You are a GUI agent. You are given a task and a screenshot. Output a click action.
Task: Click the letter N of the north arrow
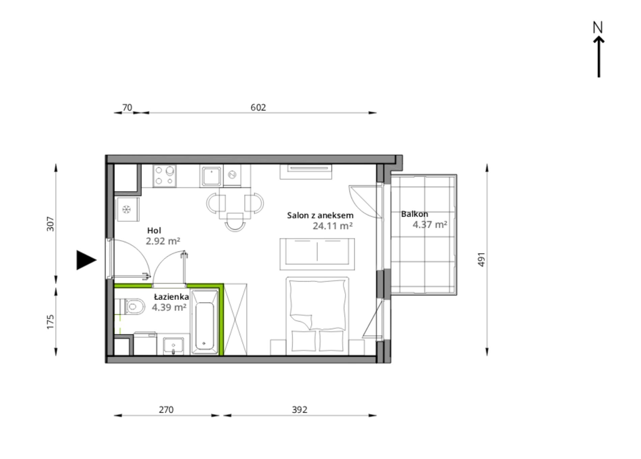pos(598,27)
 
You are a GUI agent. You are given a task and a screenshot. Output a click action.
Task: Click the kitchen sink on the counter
pos(211,176)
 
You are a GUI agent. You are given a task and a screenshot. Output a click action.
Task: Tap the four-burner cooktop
pos(164,176)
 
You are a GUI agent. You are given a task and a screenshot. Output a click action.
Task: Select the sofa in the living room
pos(317,254)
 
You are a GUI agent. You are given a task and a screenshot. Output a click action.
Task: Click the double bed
pos(317,316)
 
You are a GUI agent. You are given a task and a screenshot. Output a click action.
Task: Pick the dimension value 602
pos(258,107)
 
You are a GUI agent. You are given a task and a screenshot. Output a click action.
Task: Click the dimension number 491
pos(482,259)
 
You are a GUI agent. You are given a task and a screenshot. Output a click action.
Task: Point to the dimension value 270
pos(166,410)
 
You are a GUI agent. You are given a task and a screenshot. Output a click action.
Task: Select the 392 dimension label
pos(300,410)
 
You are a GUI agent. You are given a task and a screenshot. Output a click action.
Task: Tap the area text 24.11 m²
pos(333,226)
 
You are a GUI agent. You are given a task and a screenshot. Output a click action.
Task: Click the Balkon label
pos(415,214)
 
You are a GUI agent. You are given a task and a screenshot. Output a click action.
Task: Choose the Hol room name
pos(154,231)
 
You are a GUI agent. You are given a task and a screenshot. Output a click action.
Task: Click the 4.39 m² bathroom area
pos(169,307)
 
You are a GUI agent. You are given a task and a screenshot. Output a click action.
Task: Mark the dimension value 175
pos(50,322)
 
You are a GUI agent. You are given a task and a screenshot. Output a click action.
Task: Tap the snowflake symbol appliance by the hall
pos(127,210)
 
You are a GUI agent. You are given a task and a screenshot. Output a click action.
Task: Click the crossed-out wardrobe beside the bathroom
pos(235,320)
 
